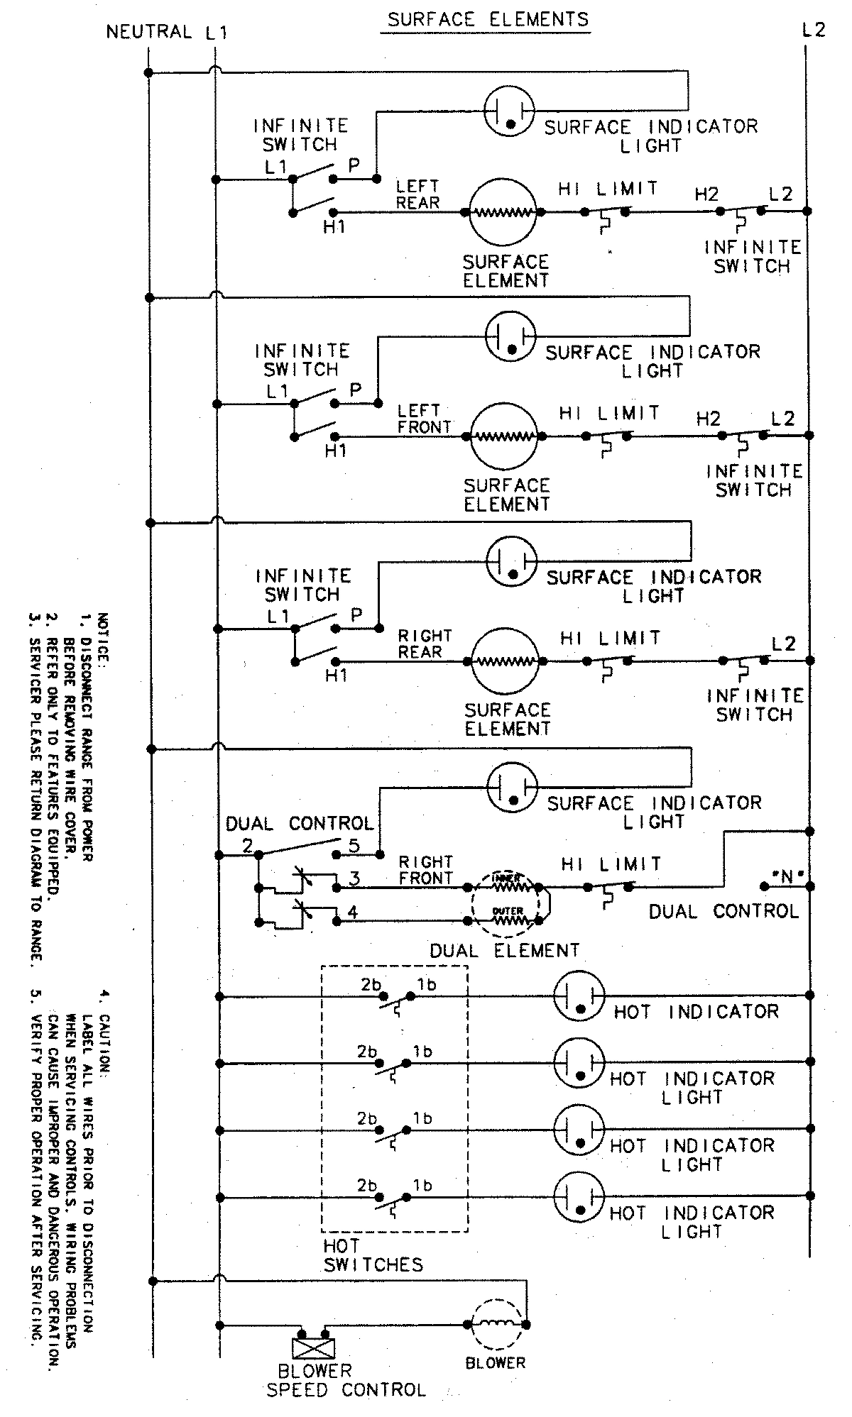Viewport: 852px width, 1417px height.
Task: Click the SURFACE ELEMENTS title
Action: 488,18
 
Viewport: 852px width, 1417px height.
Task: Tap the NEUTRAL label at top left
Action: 149,32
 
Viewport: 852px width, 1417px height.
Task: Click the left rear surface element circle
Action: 502,211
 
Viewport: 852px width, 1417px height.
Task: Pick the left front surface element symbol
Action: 504,436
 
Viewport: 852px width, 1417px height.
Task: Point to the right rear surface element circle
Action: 506,661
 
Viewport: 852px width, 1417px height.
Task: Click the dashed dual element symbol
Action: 506,903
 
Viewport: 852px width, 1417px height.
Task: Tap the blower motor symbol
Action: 497,1324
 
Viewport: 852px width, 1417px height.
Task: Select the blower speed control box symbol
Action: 313,1347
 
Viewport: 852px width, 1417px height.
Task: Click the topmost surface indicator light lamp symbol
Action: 509,110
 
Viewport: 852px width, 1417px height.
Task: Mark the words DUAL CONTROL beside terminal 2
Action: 300,824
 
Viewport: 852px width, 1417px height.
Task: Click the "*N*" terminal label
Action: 786,878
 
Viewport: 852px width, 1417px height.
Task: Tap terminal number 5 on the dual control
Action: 354,846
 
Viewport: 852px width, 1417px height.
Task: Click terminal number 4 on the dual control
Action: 353,912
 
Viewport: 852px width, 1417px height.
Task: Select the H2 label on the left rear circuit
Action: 706,194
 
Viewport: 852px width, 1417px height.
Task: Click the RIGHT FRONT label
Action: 425,870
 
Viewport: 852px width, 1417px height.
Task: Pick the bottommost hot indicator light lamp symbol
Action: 579,1198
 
